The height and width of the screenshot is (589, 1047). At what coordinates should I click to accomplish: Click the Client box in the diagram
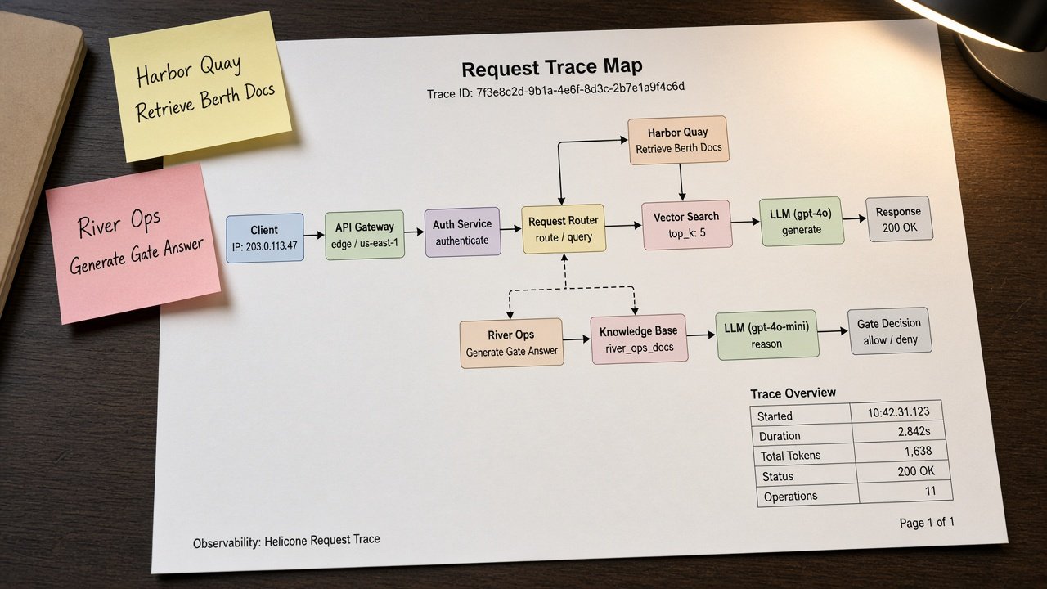coord(265,238)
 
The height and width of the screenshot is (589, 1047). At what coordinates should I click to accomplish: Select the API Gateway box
coord(365,235)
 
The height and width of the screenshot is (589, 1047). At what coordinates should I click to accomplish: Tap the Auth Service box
coord(463,232)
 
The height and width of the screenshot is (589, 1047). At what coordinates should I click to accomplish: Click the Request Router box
coord(564,229)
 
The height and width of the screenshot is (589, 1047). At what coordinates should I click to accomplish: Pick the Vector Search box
coord(686,225)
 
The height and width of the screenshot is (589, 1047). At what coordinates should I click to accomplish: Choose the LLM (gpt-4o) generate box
coord(802,222)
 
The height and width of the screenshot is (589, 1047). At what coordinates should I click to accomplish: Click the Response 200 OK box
coord(899,218)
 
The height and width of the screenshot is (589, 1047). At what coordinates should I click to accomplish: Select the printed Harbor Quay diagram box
coord(678,140)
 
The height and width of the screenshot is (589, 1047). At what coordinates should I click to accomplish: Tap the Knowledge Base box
coord(639,339)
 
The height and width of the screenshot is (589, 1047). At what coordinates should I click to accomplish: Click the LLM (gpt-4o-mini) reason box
coord(767,335)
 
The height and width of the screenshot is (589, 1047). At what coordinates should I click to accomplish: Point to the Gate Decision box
coord(889,331)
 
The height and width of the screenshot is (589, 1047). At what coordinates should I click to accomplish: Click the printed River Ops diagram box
coord(511,343)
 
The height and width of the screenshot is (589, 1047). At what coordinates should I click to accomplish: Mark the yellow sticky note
coord(200,86)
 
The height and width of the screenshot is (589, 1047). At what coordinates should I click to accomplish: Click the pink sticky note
coord(133,243)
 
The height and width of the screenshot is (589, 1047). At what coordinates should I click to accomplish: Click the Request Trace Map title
coord(552,68)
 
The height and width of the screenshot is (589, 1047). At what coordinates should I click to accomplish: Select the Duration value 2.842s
coord(914,431)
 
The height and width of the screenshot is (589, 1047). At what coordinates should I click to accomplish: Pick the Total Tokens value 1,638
coord(918,451)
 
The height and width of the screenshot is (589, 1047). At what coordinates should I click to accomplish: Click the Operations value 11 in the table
coord(930,491)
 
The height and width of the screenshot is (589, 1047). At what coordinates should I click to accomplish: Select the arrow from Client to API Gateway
coord(314,235)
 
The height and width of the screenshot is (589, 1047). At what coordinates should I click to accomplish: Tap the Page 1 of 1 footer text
coord(927,522)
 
